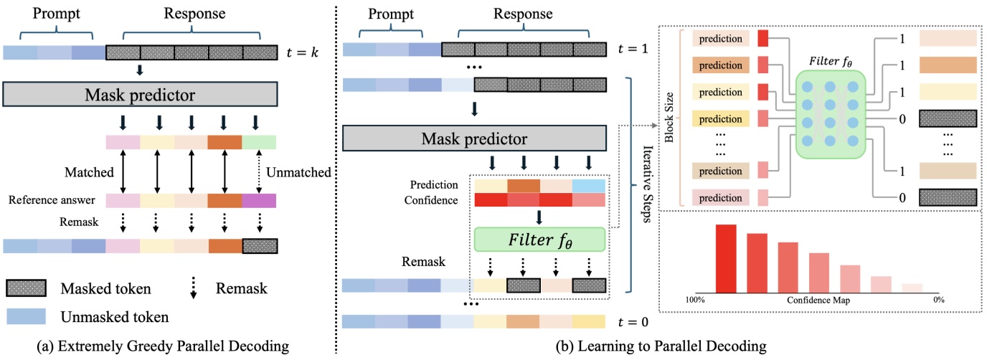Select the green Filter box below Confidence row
coord(539,238)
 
